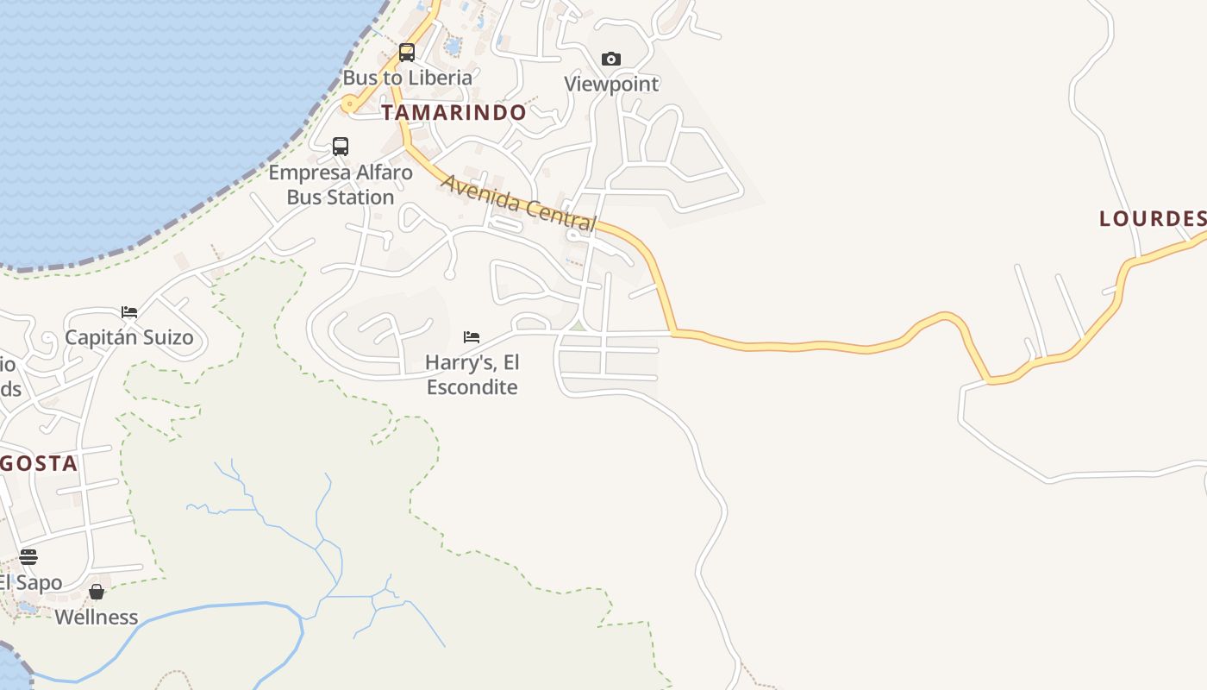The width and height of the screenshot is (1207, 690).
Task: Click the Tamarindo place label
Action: point(453,112)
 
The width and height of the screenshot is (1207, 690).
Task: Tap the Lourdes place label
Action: point(1152,218)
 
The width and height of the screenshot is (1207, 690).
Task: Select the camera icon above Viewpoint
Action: point(611,59)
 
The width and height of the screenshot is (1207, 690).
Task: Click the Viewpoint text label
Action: point(611,84)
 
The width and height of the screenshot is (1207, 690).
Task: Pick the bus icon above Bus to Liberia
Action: point(407,53)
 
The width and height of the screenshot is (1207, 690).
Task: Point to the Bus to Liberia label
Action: point(408,77)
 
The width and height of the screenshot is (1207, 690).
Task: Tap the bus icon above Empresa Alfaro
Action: point(341,147)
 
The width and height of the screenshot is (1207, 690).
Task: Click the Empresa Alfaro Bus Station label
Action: point(341,185)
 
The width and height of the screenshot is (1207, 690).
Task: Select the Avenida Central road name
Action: point(518,204)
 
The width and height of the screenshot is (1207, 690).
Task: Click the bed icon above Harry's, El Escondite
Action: point(472,336)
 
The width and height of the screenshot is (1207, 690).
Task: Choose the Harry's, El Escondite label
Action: point(472,374)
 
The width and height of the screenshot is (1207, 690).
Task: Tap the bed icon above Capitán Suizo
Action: point(129,311)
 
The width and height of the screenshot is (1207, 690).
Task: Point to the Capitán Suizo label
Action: point(129,336)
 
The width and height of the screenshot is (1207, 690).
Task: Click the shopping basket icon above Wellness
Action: point(97,592)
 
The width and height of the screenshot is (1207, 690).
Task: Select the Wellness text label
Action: point(97,617)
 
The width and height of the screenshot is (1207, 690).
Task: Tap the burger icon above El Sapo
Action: point(28,557)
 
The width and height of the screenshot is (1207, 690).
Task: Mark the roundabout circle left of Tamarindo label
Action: point(348,105)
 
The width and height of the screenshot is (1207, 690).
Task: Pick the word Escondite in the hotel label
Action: point(472,386)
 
